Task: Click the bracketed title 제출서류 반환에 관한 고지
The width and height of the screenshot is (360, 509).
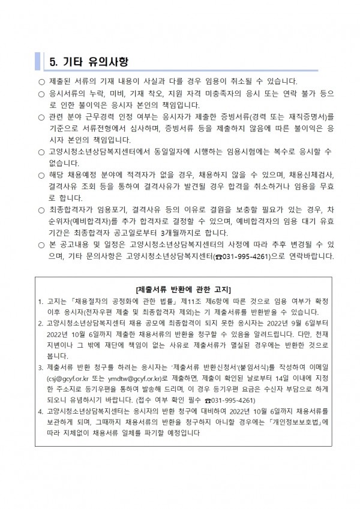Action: click(179, 290)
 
